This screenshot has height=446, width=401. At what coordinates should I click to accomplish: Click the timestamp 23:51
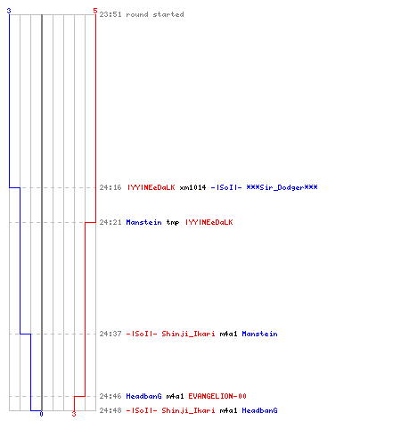click(x=110, y=14)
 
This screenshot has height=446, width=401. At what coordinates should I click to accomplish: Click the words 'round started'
click(x=155, y=14)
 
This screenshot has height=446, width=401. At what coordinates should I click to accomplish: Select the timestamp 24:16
click(x=110, y=187)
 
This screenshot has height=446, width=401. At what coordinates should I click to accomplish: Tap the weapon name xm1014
click(x=192, y=187)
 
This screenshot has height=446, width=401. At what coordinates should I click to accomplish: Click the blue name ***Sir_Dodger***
click(x=282, y=187)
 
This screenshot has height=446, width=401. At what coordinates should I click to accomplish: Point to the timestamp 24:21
click(x=110, y=222)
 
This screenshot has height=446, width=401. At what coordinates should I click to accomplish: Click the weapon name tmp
click(x=173, y=222)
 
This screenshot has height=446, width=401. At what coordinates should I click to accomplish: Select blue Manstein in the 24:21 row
click(x=144, y=222)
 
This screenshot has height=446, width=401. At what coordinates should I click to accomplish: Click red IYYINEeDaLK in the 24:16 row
click(x=151, y=187)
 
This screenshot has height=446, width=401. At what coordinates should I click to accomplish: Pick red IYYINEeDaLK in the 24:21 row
click(x=209, y=222)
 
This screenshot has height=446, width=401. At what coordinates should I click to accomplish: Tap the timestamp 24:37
click(x=110, y=334)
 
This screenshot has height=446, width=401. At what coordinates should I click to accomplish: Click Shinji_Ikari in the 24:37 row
click(x=188, y=334)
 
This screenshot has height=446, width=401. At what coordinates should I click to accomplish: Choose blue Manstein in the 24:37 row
click(x=260, y=334)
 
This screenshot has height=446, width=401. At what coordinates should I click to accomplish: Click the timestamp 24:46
click(x=110, y=396)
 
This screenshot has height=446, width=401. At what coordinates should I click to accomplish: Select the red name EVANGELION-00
click(x=217, y=396)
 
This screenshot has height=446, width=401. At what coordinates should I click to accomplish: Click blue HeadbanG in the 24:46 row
click(x=144, y=396)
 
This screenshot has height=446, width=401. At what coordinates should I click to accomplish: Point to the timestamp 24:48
click(x=110, y=410)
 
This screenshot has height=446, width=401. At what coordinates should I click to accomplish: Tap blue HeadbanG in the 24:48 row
click(x=260, y=410)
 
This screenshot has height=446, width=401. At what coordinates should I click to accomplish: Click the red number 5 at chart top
click(x=95, y=11)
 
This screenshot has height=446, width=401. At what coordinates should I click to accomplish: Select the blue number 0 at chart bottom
click(x=41, y=414)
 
